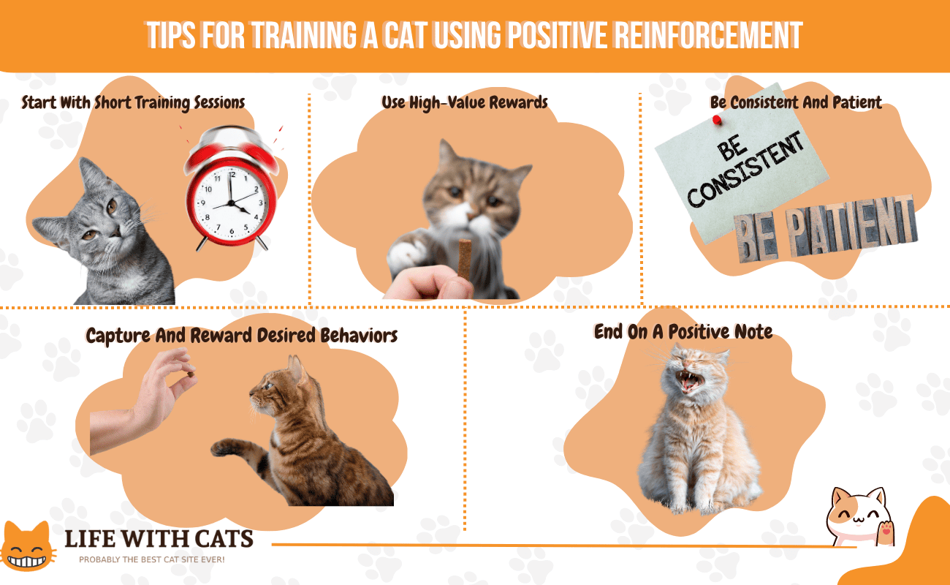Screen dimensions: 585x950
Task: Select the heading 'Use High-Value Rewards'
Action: [x=464, y=102]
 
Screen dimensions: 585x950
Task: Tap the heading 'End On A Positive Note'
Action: [x=683, y=332]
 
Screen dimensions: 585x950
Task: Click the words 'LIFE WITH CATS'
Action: [x=159, y=539]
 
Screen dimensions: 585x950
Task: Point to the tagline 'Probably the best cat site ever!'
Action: [x=151, y=559]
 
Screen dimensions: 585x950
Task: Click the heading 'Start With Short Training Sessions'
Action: [x=133, y=102]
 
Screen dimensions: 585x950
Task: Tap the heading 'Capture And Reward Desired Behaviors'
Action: [x=241, y=336]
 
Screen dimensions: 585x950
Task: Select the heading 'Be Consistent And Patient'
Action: [x=796, y=102]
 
